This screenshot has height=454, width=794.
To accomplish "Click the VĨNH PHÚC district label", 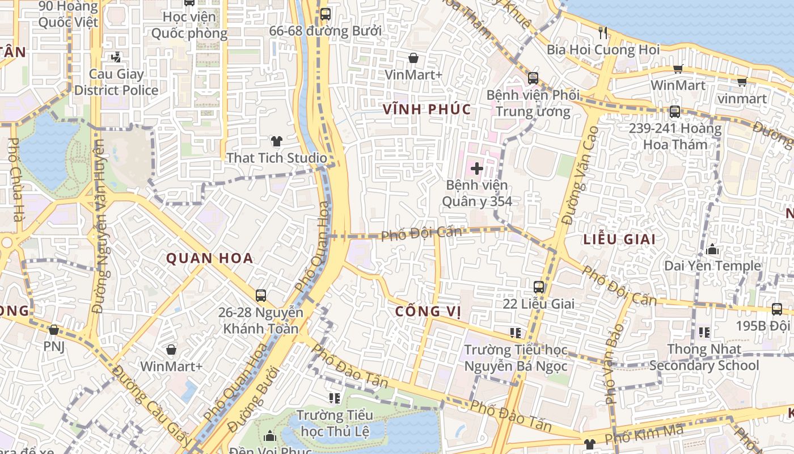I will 426,110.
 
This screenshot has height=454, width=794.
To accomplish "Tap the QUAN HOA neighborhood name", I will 209,259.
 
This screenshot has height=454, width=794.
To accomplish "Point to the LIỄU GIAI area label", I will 619,239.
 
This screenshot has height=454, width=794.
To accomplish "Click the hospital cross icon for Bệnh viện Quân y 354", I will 476,169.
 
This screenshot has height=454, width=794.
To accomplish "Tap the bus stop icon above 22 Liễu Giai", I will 539,287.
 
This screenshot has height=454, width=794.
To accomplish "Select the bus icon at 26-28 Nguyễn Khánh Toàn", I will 261,296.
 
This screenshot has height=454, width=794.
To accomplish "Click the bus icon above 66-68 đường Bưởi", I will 325,14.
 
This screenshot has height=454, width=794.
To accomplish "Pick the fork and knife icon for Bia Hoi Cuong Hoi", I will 603,33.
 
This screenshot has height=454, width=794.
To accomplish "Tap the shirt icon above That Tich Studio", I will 276,141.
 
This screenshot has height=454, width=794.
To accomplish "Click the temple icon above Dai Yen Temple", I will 712,249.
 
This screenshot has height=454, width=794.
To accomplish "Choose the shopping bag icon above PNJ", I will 54,330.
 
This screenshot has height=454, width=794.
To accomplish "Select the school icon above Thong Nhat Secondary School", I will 704,333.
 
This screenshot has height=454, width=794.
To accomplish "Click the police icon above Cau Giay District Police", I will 116,57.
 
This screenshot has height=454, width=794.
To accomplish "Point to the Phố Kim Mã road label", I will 644,435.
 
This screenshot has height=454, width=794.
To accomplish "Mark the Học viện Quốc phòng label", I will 189,25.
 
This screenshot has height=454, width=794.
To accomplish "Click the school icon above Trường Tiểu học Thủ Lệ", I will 335,398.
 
